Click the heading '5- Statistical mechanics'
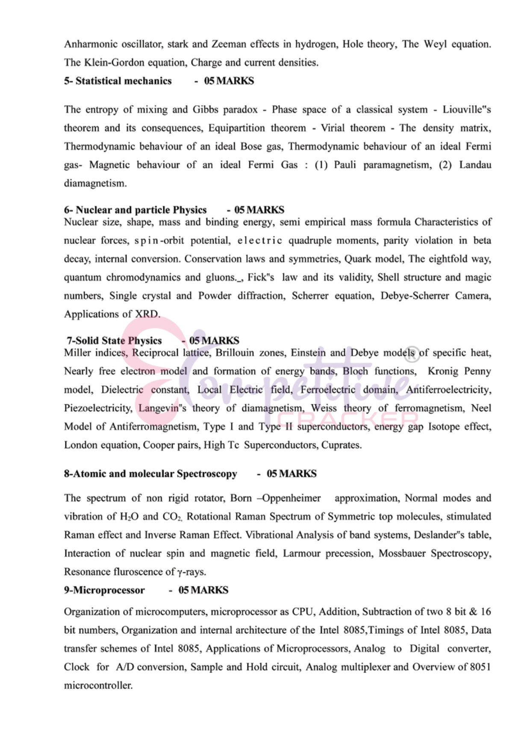point(118,81)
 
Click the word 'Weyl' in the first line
point(435,44)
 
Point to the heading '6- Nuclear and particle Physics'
point(135,210)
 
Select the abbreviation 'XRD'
point(147,314)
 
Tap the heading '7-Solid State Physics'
point(114,341)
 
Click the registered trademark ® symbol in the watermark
point(412,353)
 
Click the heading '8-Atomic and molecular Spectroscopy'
point(150,474)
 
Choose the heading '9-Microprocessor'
point(104,590)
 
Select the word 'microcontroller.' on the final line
point(98,685)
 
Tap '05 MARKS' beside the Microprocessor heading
point(203,590)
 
